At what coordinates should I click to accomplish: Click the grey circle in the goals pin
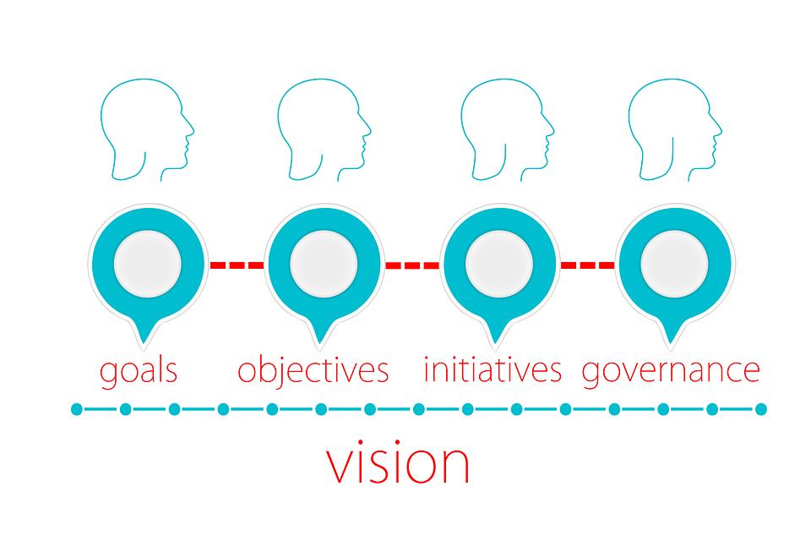coord(147,262)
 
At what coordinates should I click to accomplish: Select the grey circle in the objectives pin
coord(323,262)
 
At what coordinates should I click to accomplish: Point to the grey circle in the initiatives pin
coord(498,262)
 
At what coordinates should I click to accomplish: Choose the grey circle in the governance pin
coord(673,262)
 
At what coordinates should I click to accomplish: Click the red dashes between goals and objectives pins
coord(236,265)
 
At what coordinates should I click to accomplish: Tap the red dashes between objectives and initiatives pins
coord(411,265)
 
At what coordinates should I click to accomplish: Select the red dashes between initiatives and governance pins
coord(587,265)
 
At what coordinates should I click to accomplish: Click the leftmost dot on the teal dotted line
coord(77,410)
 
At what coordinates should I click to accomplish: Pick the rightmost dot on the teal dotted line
coord(760,410)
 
